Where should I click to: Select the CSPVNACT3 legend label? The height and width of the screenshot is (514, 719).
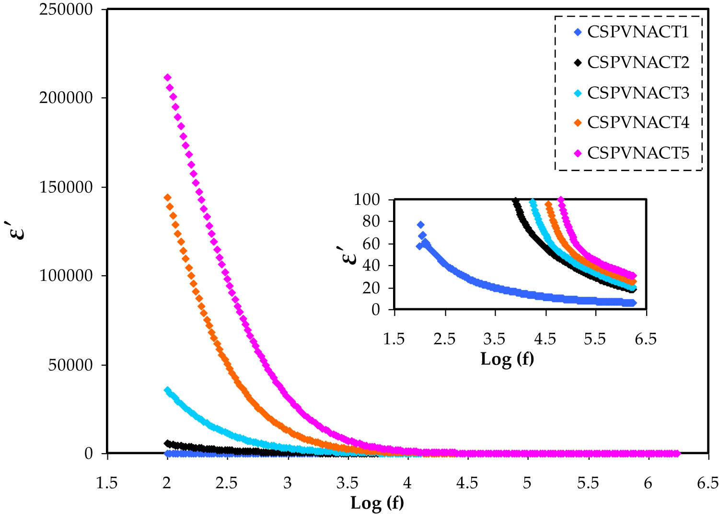(x=638, y=93)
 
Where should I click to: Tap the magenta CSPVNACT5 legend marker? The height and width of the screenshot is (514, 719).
(x=578, y=153)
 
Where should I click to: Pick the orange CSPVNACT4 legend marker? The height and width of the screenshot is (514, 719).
(x=578, y=123)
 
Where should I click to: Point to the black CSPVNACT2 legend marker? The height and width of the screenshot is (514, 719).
(x=578, y=63)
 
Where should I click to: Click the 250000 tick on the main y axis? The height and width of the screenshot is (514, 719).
(x=66, y=10)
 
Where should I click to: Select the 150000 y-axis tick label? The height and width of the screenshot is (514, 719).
(x=66, y=187)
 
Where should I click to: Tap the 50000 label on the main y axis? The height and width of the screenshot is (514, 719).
(x=70, y=365)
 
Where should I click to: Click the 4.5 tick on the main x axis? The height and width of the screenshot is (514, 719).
(x=467, y=483)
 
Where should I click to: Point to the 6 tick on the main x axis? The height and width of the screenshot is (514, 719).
(x=648, y=483)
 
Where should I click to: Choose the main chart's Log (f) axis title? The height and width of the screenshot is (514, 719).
(x=377, y=502)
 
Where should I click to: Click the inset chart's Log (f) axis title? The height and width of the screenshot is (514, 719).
(x=507, y=359)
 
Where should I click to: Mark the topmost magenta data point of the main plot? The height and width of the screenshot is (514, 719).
(x=167, y=77)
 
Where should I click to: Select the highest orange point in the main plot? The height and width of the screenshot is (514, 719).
(x=167, y=198)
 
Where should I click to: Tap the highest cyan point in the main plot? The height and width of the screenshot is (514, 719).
(x=167, y=390)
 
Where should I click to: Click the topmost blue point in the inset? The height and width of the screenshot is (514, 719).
(x=420, y=225)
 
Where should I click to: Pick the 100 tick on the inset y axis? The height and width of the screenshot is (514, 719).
(x=367, y=199)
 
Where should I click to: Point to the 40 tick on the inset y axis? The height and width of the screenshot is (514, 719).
(x=371, y=266)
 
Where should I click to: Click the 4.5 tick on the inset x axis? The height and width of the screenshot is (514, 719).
(x=545, y=339)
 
